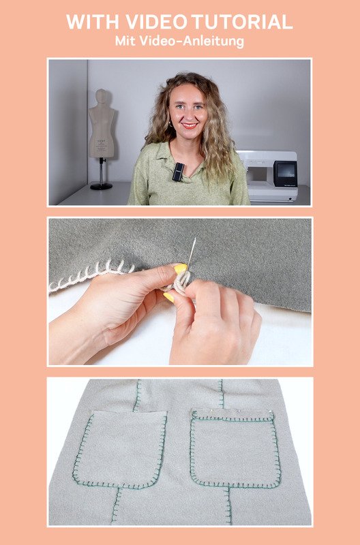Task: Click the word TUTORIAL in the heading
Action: (x=242, y=22)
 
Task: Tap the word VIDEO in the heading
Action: (x=157, y=22)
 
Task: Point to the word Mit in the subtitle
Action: (x=125, y=41)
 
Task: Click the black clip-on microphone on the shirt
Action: (x=178, y=172)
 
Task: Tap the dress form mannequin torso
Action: (x=101, y=123)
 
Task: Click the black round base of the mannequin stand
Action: (x=101, y=186)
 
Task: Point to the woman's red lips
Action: (x=190, y=125)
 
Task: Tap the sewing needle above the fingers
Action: (x=192, y=251)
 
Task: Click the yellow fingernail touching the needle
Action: (x=180, y=268)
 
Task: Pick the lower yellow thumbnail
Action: (x=168, y=297)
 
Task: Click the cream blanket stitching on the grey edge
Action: (x=91, y=275)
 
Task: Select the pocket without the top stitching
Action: (x=120, y=449)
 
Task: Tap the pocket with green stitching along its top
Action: (x=235, y=448)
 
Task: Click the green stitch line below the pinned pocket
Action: (x=228, y=505)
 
